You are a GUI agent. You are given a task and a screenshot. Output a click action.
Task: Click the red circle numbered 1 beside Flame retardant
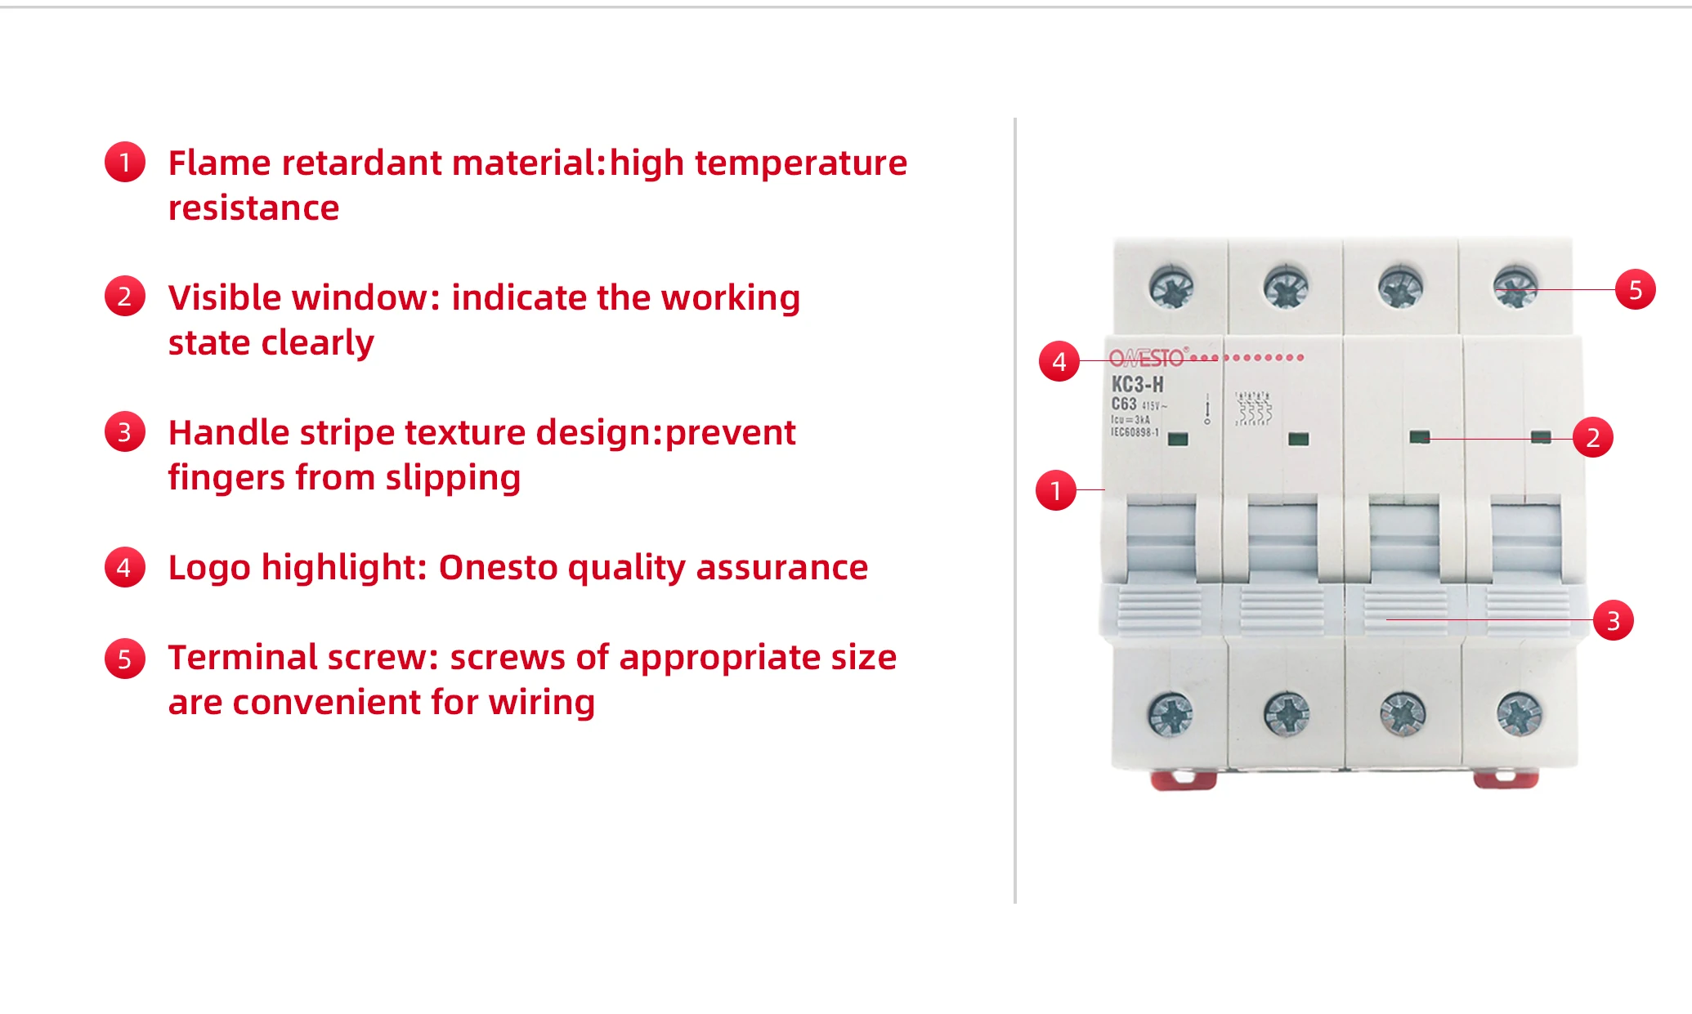124,162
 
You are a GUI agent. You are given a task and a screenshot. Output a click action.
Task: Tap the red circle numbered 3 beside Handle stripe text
124,431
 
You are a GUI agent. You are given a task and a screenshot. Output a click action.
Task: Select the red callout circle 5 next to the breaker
1635,289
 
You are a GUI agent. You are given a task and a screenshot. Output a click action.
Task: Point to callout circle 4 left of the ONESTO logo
1059,361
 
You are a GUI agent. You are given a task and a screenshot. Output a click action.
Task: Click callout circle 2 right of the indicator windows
1592,437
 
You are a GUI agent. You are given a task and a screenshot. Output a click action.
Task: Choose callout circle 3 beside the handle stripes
1613,621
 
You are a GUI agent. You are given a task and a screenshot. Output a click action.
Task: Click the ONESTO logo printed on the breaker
1147,358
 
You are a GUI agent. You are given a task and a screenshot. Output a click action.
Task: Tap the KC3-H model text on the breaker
1137,384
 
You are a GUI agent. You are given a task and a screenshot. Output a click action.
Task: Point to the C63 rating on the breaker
1124,404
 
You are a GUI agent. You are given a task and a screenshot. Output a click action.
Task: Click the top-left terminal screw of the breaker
1171,288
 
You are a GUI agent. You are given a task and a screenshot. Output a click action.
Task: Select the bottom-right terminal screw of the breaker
1519,714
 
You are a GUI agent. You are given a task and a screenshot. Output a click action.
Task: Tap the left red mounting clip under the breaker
1183,779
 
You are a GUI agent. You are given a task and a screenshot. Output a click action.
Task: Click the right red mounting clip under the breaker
1506,779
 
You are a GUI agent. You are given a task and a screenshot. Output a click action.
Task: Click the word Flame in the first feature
219,163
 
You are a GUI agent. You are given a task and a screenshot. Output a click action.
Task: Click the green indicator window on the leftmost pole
1178,439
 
